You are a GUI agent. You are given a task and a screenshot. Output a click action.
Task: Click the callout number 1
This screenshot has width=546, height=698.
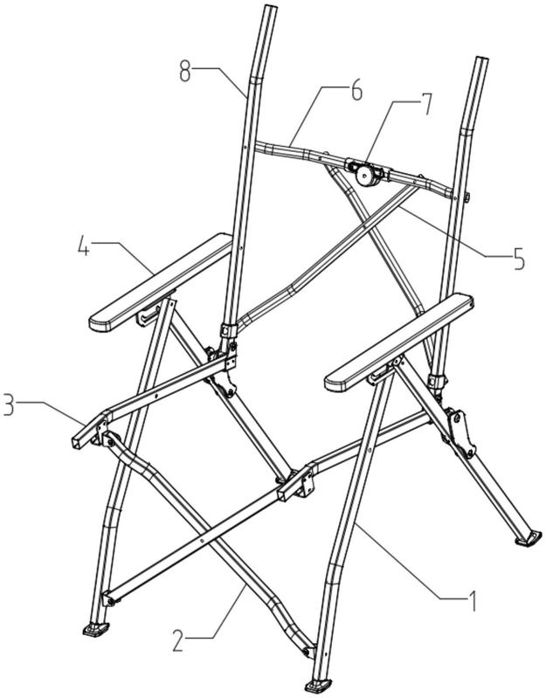(x=473, y=601)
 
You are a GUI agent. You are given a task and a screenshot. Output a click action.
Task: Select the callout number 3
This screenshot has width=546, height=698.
(x=7, y=404)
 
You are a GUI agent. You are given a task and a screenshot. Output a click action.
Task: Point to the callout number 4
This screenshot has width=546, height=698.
(x=83, y=245)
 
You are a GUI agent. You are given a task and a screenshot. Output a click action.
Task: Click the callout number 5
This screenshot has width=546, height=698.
(x=518, y=259)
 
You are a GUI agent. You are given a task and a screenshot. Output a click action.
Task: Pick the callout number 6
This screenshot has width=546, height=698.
(x=356, y=90)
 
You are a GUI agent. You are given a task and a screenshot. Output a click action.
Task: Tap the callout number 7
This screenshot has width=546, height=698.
(x=425, y=104)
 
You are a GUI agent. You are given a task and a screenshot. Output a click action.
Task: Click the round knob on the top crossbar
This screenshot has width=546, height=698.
(x=367, y=176)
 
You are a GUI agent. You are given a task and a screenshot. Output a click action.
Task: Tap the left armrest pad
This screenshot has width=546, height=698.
(x=161, y=282)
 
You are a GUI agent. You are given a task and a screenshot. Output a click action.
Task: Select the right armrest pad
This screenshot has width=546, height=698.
(x=399, y=342)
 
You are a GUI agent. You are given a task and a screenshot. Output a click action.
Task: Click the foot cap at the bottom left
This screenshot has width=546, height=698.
(x=96, y=629)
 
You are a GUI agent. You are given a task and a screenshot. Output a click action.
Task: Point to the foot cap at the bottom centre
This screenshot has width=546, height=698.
(x=318, y=685)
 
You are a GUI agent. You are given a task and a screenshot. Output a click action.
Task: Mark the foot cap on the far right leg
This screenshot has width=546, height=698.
(x=529, y=538)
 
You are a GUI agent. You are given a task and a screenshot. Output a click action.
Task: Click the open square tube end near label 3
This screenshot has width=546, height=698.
(x=77, y=443)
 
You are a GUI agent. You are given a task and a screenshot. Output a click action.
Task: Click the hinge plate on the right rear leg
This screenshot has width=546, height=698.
(x=460, y=433)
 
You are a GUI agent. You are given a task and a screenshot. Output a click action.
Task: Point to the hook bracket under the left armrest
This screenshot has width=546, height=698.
(x=149, y=314)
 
